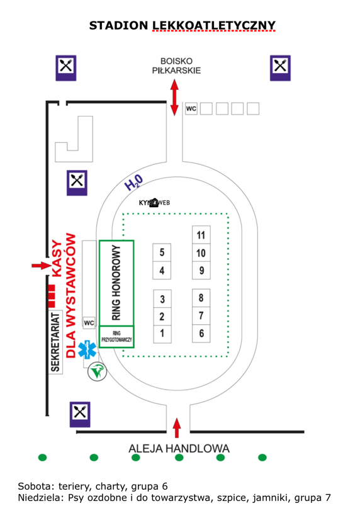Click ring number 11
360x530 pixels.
click(201, 235)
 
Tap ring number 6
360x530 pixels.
click(201, 334)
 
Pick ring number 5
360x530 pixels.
click(162, 252)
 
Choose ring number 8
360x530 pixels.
click(201, 298)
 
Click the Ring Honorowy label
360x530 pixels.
click(116, 283)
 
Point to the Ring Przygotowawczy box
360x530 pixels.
click(116, 337)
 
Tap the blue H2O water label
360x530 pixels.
click(134, 183)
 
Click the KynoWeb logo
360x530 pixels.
click(154, 203)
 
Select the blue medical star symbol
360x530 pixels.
click(87, 349)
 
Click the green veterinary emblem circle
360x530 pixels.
click(98, 371)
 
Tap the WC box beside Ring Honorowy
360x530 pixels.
click(89, 322)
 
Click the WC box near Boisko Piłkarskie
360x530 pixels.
click(191, 108)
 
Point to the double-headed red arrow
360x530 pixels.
click(174, 98)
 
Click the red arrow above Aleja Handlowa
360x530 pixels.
click(176, 428)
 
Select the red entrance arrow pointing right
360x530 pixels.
click(42, 266)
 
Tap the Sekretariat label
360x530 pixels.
click(55, 342)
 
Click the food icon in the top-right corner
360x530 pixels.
click(280, 68)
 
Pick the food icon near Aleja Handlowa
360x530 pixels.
click(80, 414)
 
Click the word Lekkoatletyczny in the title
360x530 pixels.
click(213, 25)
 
